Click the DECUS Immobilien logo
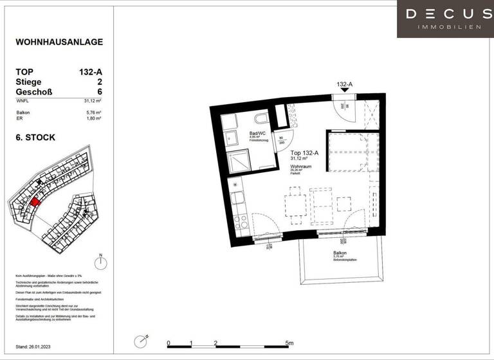(444, 18)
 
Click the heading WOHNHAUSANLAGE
(59, 42)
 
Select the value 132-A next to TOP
(89, 72)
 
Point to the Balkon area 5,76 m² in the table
(95, 113)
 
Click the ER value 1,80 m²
(95, 119)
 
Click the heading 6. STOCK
(35, 137)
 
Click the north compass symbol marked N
(100, 263)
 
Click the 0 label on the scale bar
(168, 343)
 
